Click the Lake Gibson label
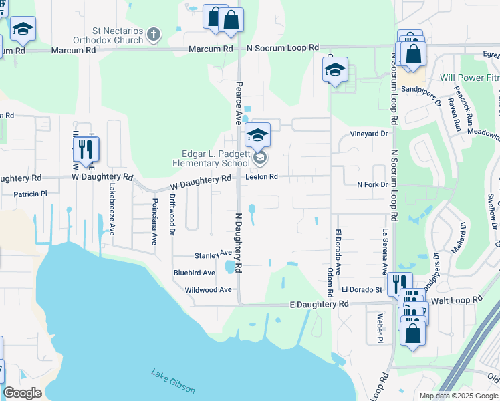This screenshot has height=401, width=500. pos(173,380)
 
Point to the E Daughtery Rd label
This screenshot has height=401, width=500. pos(320,303)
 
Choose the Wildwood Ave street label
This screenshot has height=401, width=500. pos(208,290)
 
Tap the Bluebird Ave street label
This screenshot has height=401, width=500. pos(194,273)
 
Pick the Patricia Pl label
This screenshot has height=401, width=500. pos(31,194)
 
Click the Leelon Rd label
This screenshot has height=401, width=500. pos(261,177)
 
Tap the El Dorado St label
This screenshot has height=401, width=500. pos(361,290)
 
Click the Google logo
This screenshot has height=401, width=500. pos(22,393)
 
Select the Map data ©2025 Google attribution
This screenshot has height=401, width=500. pos(459,396)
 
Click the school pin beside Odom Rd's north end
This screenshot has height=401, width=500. pos(335,69)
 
